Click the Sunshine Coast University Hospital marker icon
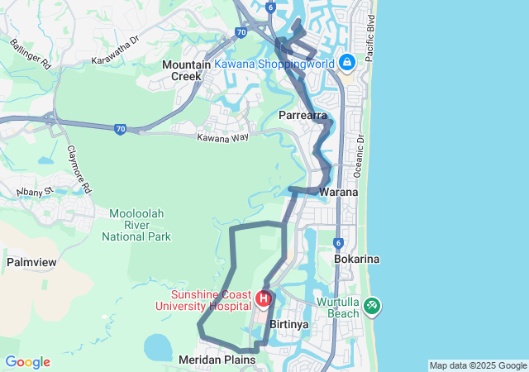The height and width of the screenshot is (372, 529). tap(264, 298)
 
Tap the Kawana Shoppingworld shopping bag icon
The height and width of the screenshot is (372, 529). tap(348, 62)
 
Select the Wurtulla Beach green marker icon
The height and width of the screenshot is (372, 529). tap(373, 306)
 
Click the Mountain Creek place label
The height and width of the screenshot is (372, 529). tap(187, 70)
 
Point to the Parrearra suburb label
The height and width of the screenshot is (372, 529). tap(303, 115)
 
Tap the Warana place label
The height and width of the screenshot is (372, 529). tap(339, 192)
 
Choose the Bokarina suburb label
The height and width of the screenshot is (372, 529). tap(356, 259)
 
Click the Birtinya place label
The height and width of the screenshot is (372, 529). tap(289, 324)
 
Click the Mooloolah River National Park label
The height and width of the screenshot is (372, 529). tap(136, 225)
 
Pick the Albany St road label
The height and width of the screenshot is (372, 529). tap(35, 193)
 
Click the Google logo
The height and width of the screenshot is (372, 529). tap(27, 362)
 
